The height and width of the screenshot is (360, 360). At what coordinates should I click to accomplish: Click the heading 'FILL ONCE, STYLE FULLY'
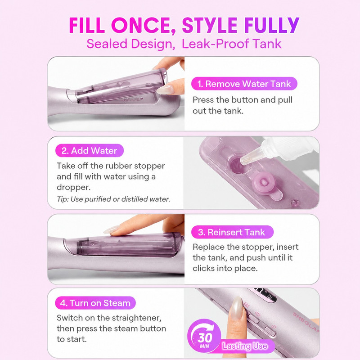point(184,25)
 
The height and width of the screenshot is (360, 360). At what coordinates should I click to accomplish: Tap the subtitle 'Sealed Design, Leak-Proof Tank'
point(184,44)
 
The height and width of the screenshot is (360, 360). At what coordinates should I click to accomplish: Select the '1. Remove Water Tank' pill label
point(244,84)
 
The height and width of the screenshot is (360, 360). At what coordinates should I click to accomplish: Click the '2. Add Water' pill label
point(89,151)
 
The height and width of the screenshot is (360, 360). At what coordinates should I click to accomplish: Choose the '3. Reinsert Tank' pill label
point(232,232)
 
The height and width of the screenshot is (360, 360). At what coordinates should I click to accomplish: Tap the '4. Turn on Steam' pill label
point(95,303)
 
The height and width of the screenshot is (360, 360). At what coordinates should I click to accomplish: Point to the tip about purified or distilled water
point(113,199)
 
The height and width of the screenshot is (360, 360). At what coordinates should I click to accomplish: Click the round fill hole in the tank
point(239,165)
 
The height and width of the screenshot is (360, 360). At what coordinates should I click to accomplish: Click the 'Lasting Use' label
point(245,346)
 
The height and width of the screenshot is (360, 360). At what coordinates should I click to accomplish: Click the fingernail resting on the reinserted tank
point(111,229)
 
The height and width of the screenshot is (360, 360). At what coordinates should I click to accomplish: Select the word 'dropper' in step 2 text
point(73,187)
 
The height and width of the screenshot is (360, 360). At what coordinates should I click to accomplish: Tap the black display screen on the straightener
point(264,296)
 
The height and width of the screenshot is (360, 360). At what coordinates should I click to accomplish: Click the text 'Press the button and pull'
point(243,100)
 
